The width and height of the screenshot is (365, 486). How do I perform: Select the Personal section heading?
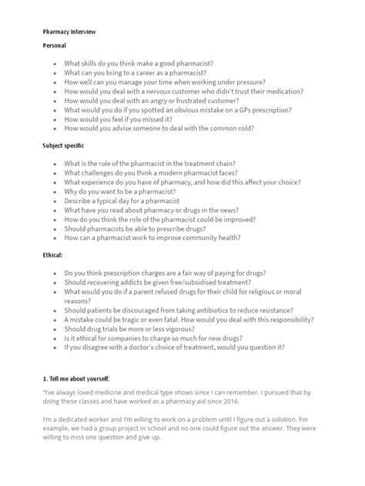coord(55,46)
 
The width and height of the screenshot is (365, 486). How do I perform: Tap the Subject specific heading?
coord(64,145)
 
